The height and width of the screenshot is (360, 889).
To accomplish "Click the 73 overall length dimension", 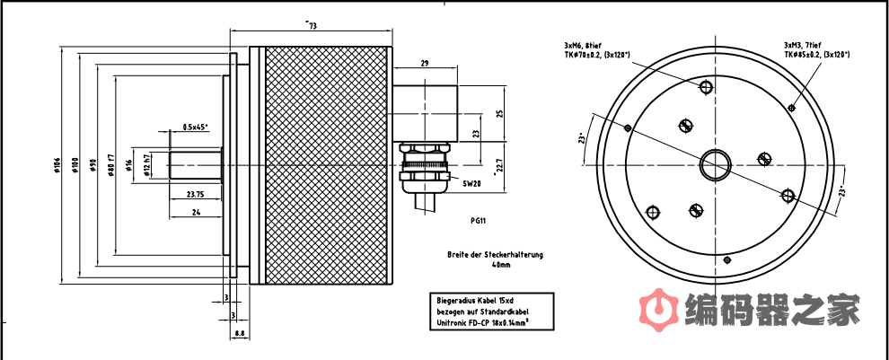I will [x=312, y=26].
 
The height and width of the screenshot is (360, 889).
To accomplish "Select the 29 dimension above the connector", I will [x=424, y=63].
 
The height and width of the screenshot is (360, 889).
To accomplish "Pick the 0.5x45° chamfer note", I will [x=195, y=127].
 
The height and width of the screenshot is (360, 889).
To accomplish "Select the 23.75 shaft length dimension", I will [x=195, y=194].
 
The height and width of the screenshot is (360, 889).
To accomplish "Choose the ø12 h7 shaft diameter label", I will [x=146, y=165].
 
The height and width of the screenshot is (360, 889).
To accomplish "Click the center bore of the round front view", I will [x=717, y=163].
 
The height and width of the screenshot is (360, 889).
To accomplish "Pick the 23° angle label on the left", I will [x=583, y=139].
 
